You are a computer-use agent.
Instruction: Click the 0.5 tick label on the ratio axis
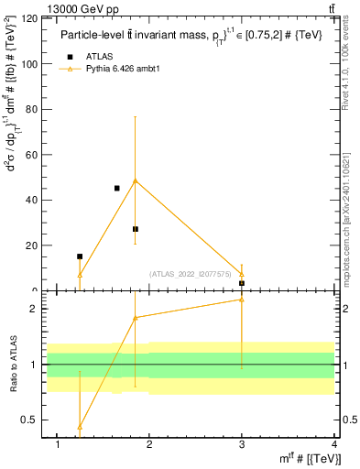coord(27,420)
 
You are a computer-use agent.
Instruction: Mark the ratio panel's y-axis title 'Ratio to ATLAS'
coord(12,364)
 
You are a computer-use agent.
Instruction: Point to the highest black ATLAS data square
coord(116,188)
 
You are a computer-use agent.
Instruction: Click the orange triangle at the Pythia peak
coord(136,180)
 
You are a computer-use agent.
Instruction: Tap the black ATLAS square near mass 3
coord(242,283)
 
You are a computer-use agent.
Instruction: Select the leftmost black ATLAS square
coord(80,256)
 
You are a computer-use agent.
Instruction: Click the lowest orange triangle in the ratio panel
coord(80,427)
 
